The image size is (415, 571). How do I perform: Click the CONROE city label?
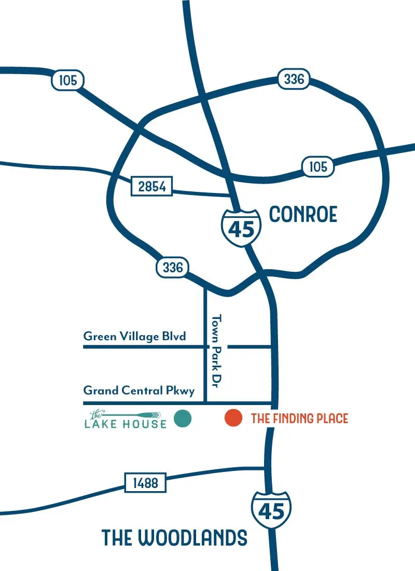[x=303, y=214]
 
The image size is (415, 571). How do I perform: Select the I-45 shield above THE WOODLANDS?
[x=271, y=510]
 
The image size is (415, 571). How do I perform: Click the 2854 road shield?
[x=151, y=186]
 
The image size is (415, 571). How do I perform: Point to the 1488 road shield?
[x=145, y=483]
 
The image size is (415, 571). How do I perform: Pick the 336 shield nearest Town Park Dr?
[x=173, y=267]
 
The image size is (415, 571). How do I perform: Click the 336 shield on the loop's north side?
[x=294, y=79]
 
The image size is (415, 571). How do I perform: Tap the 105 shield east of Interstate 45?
[x=318, y=166]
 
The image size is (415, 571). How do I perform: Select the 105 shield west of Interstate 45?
[x=67, y=80]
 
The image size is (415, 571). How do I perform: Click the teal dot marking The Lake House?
[x=183, y=418]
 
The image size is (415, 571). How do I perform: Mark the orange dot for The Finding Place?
[x=233, y=418]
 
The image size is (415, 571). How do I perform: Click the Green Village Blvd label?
[x=134, y=337]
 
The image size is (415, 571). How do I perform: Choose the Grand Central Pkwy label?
[x=139, y=391]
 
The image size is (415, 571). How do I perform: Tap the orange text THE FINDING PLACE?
[x=299, y=418]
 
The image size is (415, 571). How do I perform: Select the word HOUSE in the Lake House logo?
[x=145, y=424]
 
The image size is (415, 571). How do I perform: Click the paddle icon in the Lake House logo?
[x=135, y=414]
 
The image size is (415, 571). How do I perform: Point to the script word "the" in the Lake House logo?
[x=95, y=414]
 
